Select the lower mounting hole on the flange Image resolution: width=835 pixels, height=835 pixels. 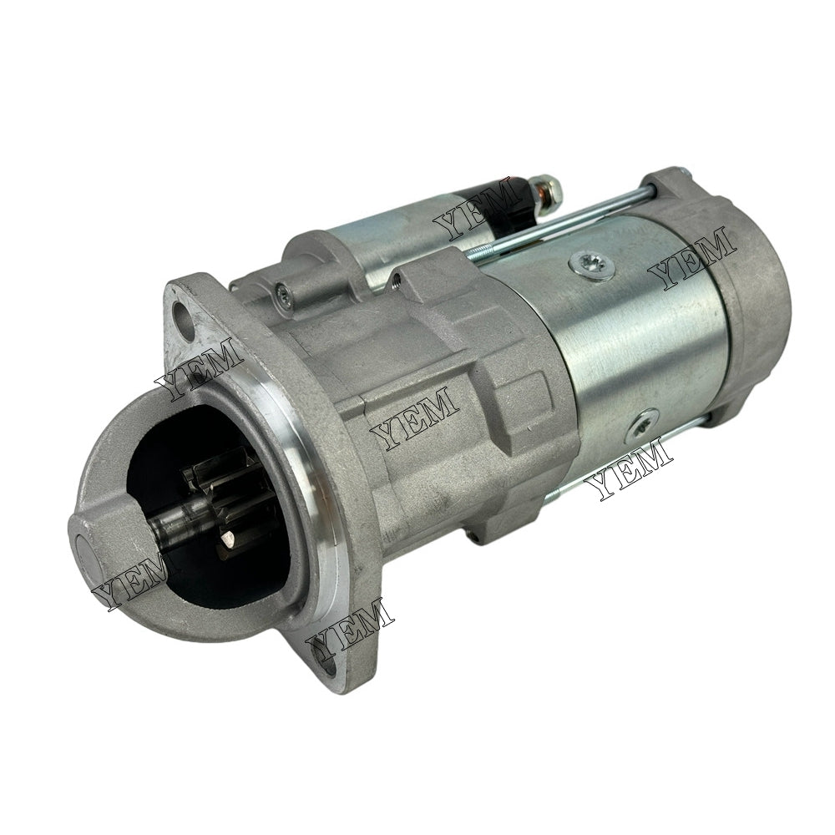tap(327, 665)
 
